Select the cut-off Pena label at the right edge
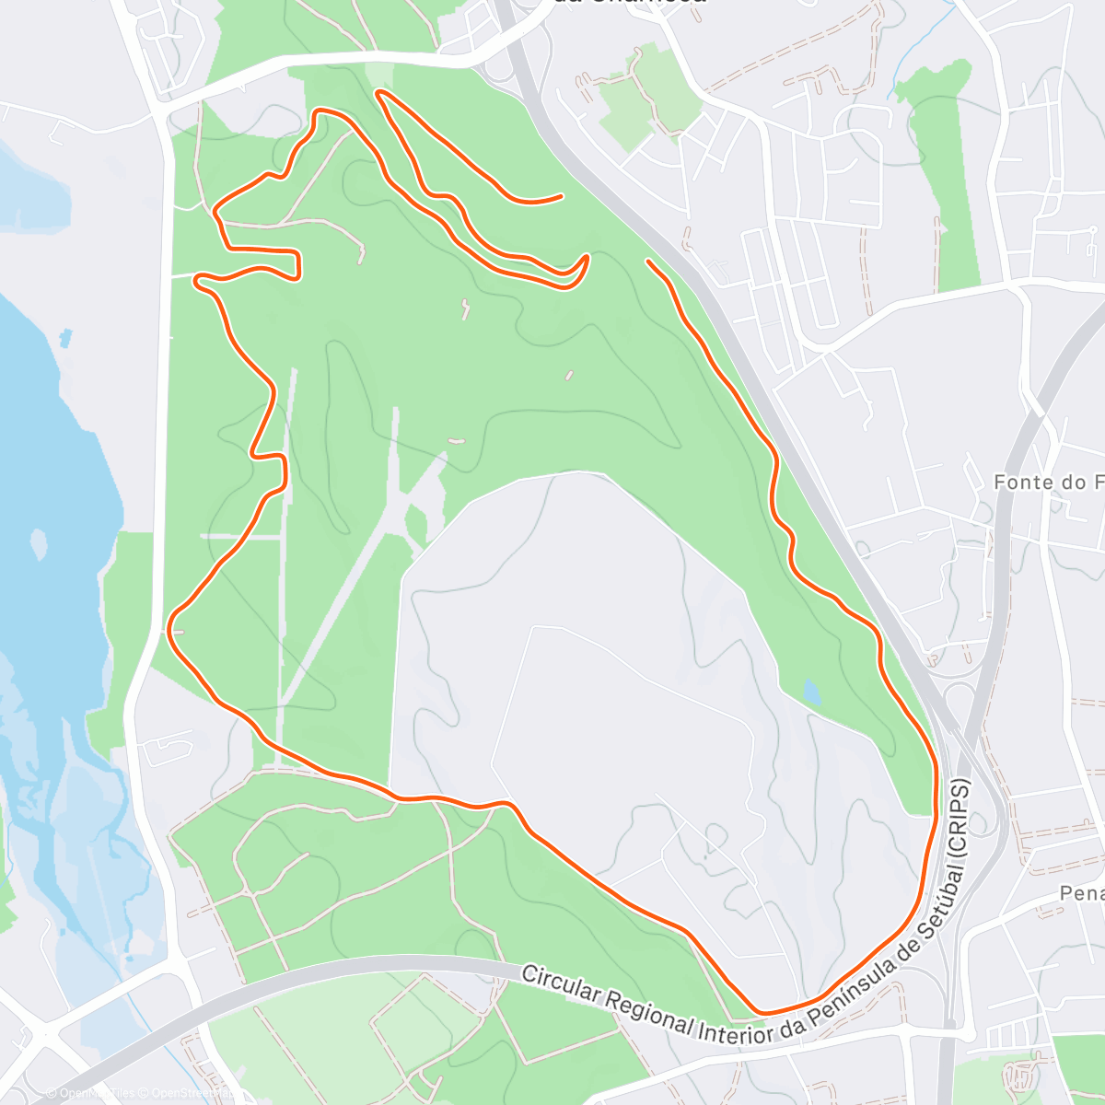coord(1081,893)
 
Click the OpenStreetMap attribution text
coord(190,1093)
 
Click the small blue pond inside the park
coord(810,691)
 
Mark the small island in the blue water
coord(39,543)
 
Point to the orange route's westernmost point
coord(170,630)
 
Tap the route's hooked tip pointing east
coord(584,260)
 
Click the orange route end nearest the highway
coord(650,262)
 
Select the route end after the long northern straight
coord(560,196)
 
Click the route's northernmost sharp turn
coord(378,91)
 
